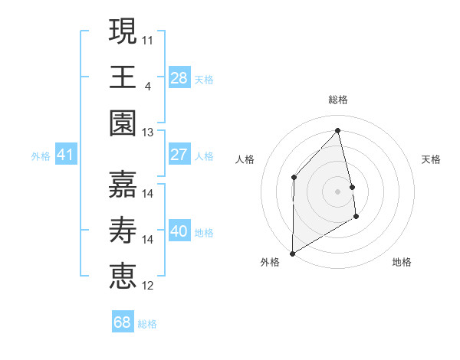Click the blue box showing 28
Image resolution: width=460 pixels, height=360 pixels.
(179, 77)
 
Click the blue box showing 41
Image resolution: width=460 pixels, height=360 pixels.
(65, 155)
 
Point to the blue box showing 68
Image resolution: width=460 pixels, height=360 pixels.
(122, 322)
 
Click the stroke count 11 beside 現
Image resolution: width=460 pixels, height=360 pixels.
(148, 38)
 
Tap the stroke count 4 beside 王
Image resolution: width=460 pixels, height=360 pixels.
(147, 84)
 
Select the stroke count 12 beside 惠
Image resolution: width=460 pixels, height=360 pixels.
(148, 286)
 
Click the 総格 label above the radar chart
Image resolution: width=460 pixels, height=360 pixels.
(338, 100)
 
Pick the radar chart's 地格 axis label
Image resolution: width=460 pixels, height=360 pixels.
(402, 262)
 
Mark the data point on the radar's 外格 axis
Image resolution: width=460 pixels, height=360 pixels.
(292, 253)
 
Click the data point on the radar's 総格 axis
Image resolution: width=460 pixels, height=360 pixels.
(338, 129)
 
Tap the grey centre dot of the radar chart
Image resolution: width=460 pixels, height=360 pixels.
(338, 191)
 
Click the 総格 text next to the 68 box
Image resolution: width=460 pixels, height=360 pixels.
(147, 324)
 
